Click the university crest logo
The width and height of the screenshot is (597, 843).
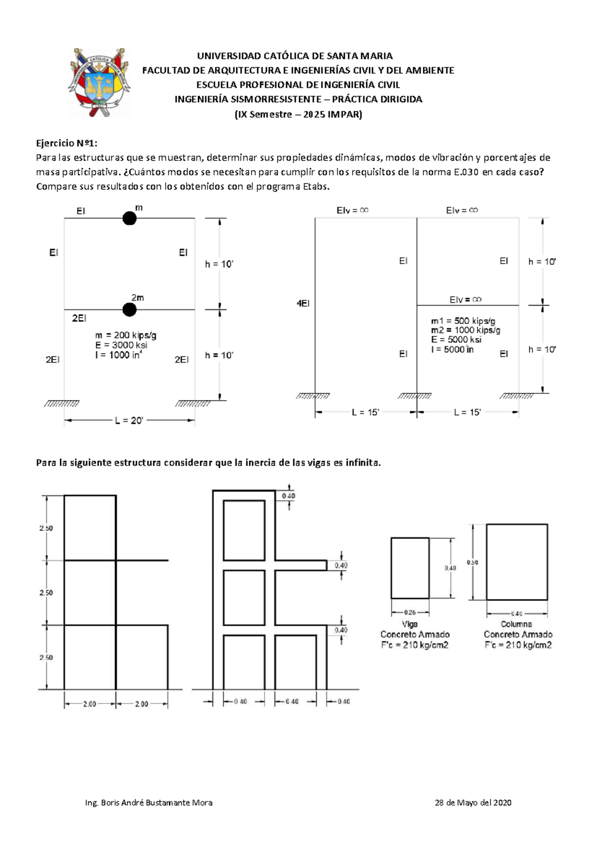99,82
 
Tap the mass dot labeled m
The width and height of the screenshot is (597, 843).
129,218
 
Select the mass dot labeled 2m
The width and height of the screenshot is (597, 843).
129,310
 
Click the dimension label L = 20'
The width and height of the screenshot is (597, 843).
129,421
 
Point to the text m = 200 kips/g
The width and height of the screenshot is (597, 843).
126,336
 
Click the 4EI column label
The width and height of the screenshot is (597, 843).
303,303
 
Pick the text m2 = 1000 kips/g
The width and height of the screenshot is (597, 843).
466,331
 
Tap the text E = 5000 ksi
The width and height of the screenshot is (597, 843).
456,340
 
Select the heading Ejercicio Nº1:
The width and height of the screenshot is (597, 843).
67,143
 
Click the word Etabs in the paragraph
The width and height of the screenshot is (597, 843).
315,187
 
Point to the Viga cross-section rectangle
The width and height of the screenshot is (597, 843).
410,568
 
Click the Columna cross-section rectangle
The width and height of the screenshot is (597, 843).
517,562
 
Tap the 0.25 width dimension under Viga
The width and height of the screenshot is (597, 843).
409,613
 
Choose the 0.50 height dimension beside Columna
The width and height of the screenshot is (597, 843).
472,562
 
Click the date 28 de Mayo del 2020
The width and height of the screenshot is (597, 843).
473,802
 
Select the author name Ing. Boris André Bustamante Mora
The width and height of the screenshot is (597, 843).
149,802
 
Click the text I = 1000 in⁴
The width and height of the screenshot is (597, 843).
119,355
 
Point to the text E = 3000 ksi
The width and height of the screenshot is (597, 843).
121,345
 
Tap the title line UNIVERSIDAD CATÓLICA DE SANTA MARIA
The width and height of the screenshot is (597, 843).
295,56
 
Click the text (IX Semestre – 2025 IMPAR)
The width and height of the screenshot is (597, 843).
298,114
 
